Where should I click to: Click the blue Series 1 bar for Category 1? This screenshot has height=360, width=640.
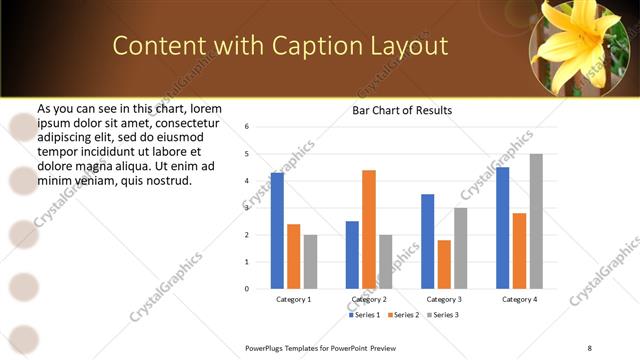(277, 230)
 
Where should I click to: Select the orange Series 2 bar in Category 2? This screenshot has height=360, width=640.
(369, 229)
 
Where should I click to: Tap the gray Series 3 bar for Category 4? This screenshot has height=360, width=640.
(536, 221)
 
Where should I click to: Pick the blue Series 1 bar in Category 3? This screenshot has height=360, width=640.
(427, 241)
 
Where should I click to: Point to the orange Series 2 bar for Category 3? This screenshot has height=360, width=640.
(444, 264)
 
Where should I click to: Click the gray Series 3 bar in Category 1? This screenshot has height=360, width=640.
(310, 261)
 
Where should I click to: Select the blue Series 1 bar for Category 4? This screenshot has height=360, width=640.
(502, 228)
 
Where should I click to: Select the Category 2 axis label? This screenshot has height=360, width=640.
(369, 299)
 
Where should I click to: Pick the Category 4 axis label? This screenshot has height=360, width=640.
(519, 299)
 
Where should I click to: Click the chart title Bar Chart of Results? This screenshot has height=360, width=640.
(402, 110)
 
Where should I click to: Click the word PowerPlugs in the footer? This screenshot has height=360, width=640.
(267, 347)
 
